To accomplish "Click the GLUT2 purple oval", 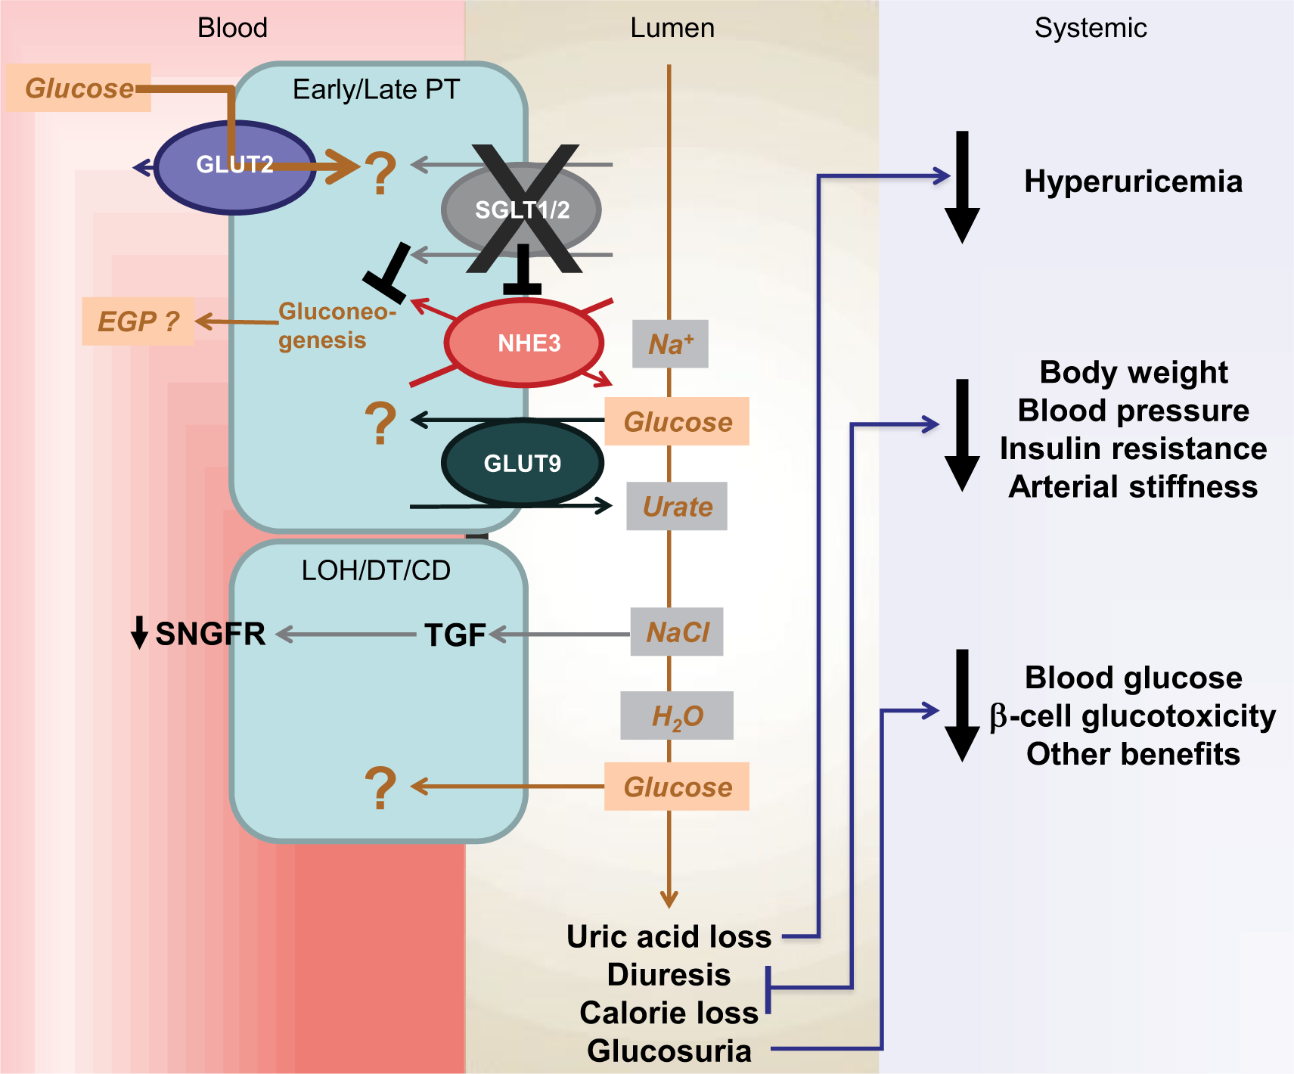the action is pos(235,167).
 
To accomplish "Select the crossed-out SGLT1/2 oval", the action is pos(522,210).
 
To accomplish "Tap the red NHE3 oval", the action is pos(524,343).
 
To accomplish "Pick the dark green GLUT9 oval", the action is pos(523,462).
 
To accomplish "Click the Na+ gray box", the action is pos(670,344).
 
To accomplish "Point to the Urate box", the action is pos(677,506).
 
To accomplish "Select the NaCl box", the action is pos(677,632).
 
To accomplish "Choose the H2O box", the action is pos(677,715).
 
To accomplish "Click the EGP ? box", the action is pos(138,321).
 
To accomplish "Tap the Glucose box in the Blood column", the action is pos(79,88).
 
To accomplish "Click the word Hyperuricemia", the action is pos(1133,182).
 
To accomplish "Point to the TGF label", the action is pos(455,635).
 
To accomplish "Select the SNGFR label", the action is pos(210,634).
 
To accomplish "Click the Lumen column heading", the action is pos(672,28).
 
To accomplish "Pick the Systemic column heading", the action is pos(1091,28).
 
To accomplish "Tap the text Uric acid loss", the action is pos(669,936).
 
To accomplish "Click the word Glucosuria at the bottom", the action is pos(669,1051).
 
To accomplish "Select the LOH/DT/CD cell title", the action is pos(376,570).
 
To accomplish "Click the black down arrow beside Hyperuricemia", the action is pos(962,187).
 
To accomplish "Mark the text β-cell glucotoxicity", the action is pos(1133,716).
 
